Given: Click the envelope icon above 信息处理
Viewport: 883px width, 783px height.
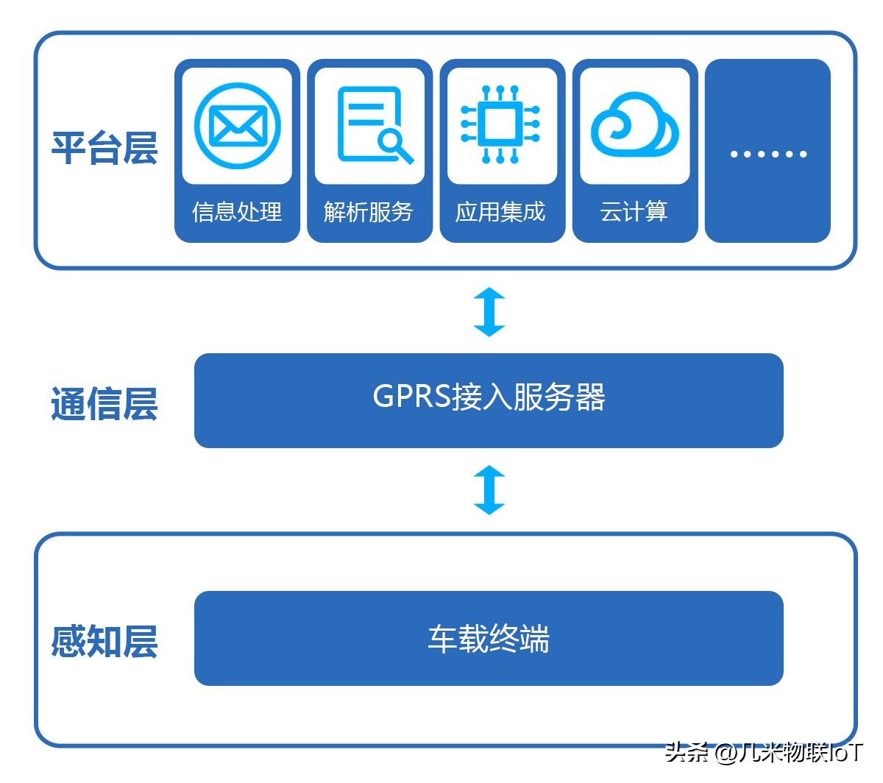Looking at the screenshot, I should pos(237,126).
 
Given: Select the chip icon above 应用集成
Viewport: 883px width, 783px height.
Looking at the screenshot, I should pos(500,124).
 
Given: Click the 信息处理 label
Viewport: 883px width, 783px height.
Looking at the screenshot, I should pos(237,212).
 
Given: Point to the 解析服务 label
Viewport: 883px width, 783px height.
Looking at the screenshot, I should pos(369,212).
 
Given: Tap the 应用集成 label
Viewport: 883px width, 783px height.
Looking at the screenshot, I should pos(500,212).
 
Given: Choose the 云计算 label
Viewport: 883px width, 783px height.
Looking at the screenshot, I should pos(634,212).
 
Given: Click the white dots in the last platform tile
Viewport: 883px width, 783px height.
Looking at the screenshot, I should pos(768,154).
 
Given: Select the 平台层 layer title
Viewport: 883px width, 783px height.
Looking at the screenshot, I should pos(104,148).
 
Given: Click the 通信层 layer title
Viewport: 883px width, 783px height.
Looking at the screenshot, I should pos(104,404).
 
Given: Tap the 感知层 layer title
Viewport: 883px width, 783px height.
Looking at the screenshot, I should pos(104,641).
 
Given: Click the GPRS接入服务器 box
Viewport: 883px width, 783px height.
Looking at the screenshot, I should pos(489,400).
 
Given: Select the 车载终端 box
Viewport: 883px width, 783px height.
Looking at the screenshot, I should pos(489,639).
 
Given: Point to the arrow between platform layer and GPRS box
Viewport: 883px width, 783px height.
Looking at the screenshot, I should pos(489,312).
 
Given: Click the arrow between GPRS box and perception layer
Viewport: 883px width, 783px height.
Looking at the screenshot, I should pos(489,490).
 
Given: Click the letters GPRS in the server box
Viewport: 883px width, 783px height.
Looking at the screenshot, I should pos(411,397).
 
